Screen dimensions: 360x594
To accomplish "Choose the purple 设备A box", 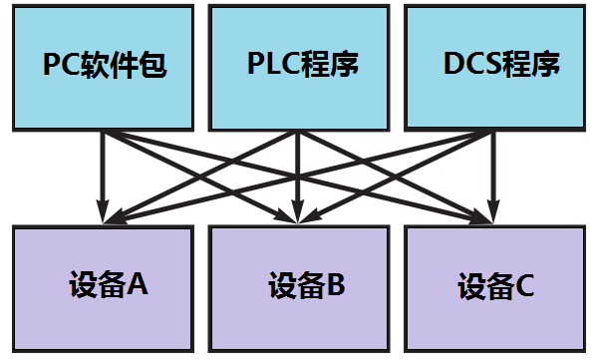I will (x=102, y=287).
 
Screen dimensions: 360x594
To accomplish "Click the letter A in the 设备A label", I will (x=139, y=286).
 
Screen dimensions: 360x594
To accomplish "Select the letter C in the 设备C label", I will (x=525, y=287).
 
